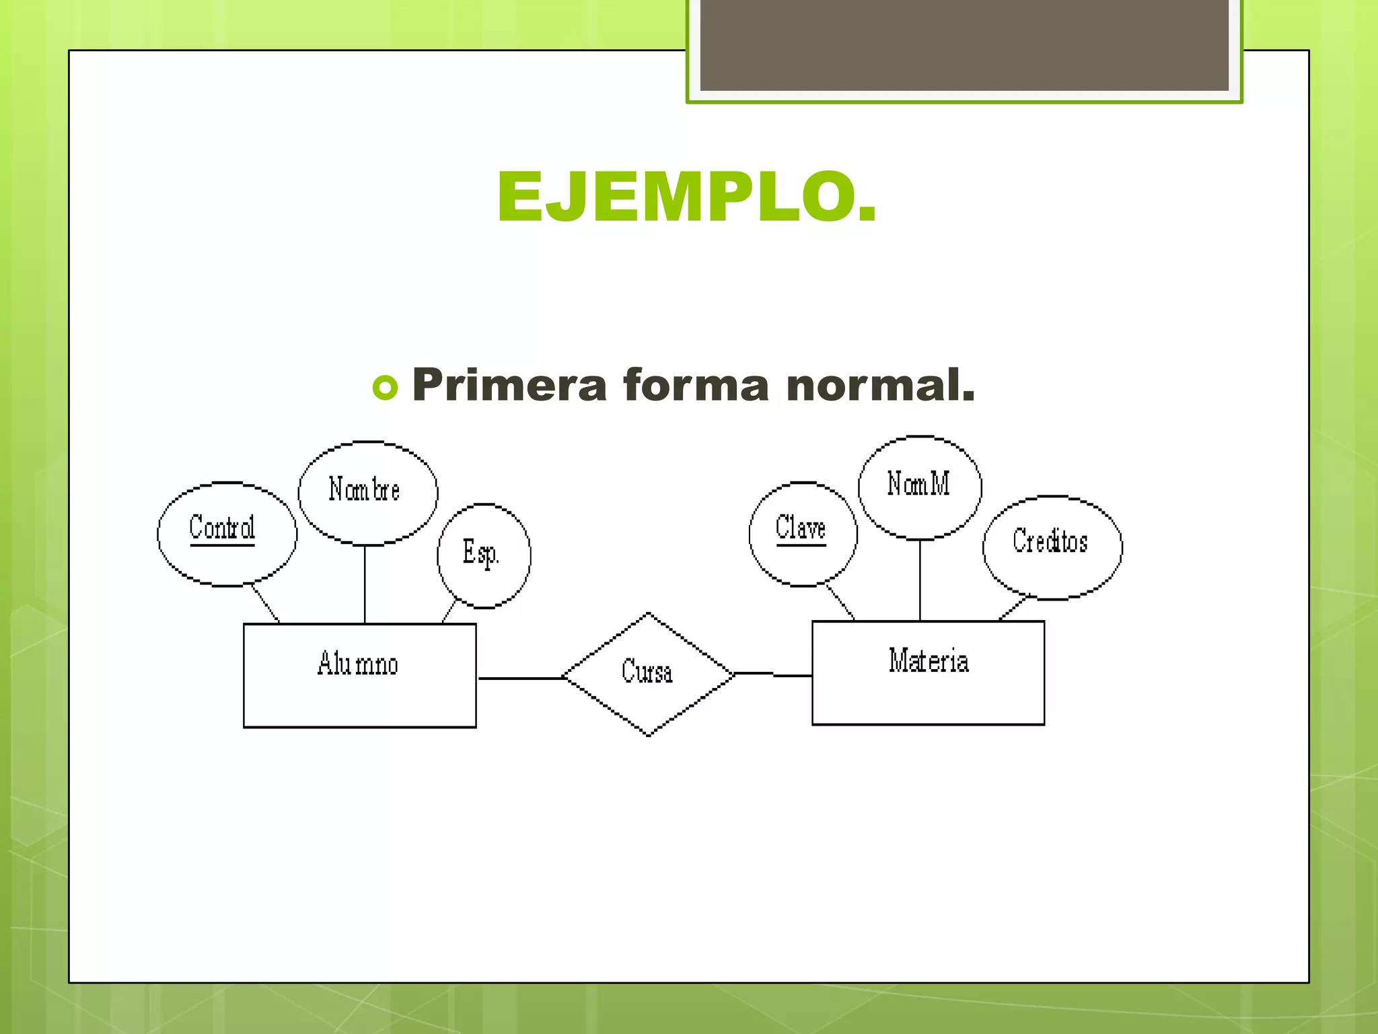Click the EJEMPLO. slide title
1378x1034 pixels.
686,197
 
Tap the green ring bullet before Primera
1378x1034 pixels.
385,388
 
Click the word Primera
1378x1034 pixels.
509,386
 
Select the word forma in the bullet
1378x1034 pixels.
696,386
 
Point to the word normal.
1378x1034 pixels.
880,386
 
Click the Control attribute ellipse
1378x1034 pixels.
226,535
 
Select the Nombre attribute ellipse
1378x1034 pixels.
367,493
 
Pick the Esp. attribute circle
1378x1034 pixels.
483,555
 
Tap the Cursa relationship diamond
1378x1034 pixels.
647,674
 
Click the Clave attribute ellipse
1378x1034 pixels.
802,535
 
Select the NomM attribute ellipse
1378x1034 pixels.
919,487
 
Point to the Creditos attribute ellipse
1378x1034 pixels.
1052,547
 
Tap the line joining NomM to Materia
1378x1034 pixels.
920,580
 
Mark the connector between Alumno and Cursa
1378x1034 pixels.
519,678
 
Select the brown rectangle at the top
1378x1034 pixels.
964,44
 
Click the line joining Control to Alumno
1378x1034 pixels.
265,604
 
